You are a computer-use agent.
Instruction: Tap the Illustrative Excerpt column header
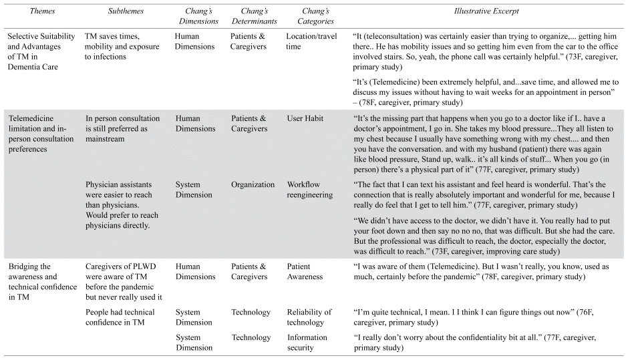pyautogui.click(x=488, y=11)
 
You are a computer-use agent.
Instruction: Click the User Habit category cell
pyautogui.click(x=306, y=118)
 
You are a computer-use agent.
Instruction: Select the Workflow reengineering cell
pyautogui.click(x=308, y=190)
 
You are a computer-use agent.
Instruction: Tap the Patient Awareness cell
pyautogui.click(x=305, y=272)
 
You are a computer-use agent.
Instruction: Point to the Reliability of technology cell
pyautogui.click(x=309, y=317)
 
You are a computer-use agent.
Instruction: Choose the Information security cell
pyautogui.click(x=307, y=342)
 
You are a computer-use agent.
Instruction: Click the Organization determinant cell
pyautogui.click(x=253, y=185)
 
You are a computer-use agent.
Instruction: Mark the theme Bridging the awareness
pyautogui.click(x=37, y=277)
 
